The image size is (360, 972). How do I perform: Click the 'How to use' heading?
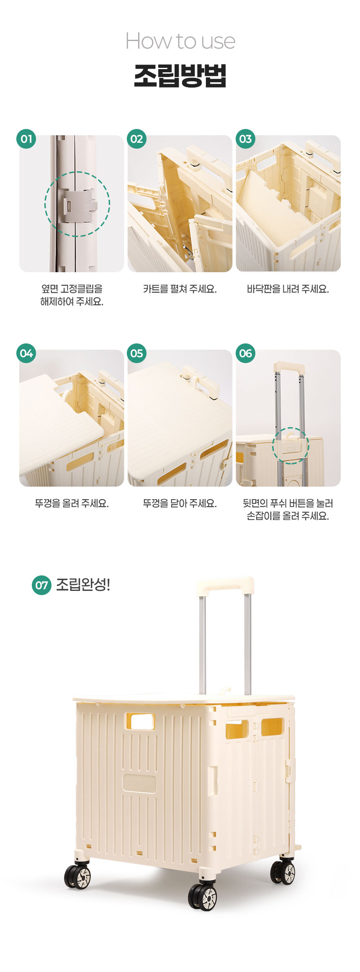[x=180, y=41]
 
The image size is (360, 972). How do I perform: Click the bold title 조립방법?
[x=180, y=76]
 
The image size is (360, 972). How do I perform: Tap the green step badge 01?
[x=26, y=139]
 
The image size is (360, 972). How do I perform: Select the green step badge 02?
[x=136, y=139]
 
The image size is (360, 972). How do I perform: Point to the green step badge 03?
[x=245, y=139]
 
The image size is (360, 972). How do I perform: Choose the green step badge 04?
[x=26, y=353]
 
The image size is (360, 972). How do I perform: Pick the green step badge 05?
[x=136, y=353]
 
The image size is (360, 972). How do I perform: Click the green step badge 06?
[x=245, y=353]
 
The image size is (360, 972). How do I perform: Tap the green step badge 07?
[x=41, y=585]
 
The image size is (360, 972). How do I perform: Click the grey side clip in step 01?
[x=79, y=205]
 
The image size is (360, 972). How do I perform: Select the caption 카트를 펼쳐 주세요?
[x=180, y=289]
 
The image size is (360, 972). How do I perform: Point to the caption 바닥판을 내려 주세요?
[x=288, y=289]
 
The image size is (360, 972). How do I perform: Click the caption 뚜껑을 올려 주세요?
[x=72, y=503]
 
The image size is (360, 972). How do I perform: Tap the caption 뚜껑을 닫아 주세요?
[x=180, y=503]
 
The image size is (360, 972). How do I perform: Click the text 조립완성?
[x=83, y=585]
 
